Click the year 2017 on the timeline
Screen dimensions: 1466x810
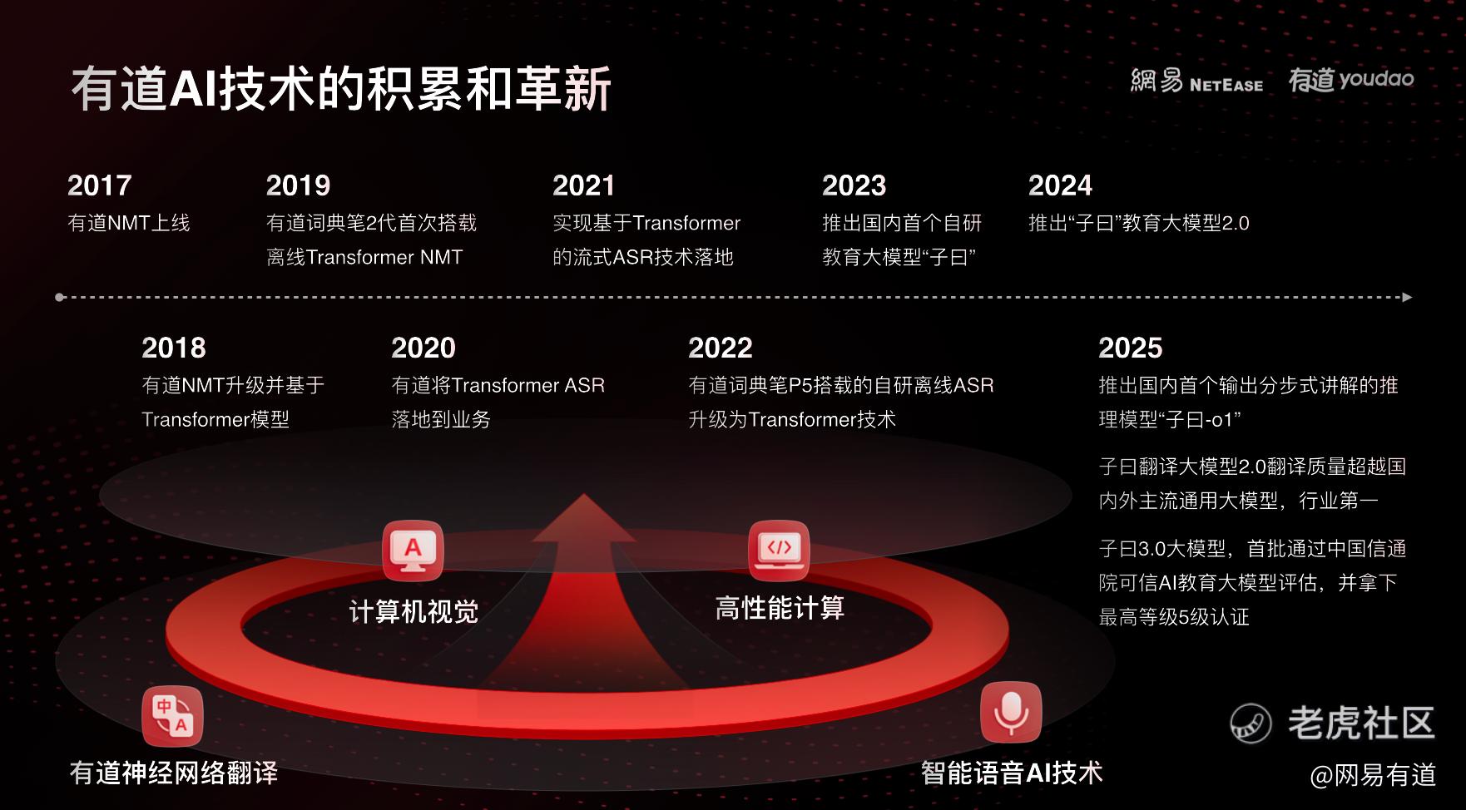point(100,185)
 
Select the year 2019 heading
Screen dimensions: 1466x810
point(298,185)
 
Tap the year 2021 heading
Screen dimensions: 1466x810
point(583,185)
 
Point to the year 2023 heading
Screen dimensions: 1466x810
point(854,185)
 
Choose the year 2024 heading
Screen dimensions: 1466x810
point(1060,185)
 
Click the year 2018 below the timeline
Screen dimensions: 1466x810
point(174,348)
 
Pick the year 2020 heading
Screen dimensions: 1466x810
point(423,348)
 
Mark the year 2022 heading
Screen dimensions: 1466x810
point(721,348)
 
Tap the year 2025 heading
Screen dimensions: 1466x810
point(1130,348)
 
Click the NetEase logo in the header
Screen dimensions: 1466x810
point(1196,81)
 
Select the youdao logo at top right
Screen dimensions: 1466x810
point(1351,80)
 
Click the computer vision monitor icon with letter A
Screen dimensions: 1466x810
point(413,551)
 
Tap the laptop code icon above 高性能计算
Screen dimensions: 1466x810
point(779,551)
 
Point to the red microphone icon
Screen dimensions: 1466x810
point(1011,712)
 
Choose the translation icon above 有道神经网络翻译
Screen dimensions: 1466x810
point(172,717)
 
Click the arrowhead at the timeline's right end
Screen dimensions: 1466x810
point(1407,297)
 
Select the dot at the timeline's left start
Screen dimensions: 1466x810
point(60,297)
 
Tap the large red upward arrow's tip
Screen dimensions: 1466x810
point(584,495)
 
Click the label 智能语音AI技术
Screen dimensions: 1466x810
point(1012,773)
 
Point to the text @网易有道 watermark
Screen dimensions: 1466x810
point(1373,775)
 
